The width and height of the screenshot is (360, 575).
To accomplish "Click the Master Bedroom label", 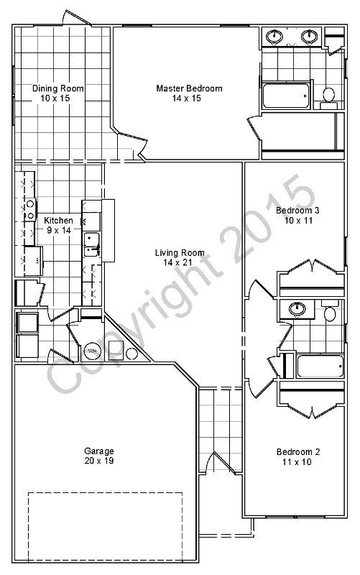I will coord(189,88).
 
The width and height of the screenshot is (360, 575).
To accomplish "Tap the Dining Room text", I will coord(58,88).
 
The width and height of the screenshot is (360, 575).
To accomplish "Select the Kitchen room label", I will coord(58,220).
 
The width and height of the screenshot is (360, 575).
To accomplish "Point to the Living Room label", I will coord(180,253).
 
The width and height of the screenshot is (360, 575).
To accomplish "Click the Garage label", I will coord(98,451).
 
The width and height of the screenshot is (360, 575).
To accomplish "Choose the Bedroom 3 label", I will coord(297,211).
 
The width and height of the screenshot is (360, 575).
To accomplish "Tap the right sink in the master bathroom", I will coord(310,36).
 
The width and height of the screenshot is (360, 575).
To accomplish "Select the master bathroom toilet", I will coord(329,94).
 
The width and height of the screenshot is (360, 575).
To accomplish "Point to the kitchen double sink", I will coord(92,244).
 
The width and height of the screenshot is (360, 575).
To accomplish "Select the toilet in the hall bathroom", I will coord(331,313).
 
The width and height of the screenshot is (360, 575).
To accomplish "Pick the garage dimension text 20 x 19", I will coord(98,461).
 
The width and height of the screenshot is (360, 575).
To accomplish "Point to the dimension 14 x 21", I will coord(180,262).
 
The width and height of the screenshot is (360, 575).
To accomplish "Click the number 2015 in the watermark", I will coord(273,216).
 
